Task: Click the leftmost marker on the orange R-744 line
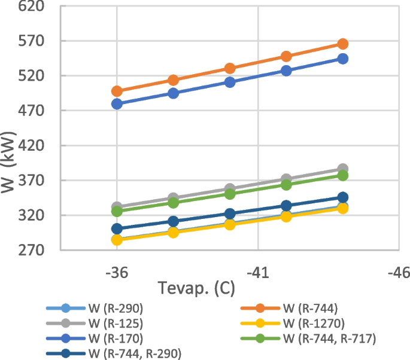117,91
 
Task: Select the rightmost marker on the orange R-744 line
343,44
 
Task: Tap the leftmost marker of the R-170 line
117,104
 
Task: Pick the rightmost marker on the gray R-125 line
343,169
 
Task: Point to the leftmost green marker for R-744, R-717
117,211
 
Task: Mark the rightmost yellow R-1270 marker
343,208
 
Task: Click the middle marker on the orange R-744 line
230,69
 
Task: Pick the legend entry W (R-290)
116,309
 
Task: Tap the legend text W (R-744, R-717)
329,339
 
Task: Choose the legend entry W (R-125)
116,324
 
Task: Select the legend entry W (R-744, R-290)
134,353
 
